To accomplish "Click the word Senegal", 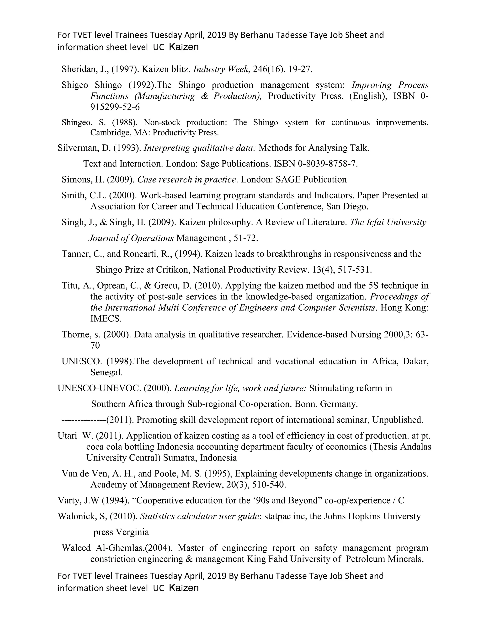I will (x=106, y=372).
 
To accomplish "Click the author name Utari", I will (x=67, y=436).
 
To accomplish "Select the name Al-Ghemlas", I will (x=119, y=548).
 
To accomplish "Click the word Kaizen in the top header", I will (x=184, y=47).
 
